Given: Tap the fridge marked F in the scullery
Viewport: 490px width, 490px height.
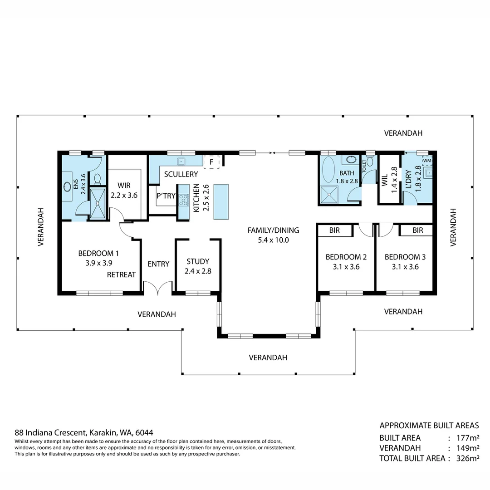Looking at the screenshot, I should click(211, 162).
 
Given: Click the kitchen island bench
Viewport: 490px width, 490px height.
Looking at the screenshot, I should click(221, 201).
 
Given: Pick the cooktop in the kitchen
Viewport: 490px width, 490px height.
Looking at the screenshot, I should click(183, 200).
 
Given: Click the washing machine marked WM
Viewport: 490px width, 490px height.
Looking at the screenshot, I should click(427, 161).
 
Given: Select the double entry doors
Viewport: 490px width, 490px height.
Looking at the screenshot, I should click(158, 288).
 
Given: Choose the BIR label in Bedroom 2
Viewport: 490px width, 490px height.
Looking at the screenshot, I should click(334, 230).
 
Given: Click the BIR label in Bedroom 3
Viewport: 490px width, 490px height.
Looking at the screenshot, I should click(418, 230).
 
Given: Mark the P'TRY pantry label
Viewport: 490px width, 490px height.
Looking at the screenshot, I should click(166, 196).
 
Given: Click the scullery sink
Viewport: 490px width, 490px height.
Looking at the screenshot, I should click(181, 161).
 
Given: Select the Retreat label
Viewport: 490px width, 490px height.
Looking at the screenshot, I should click(122, 274).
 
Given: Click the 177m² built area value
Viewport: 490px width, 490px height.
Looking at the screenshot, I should click(469, 438).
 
